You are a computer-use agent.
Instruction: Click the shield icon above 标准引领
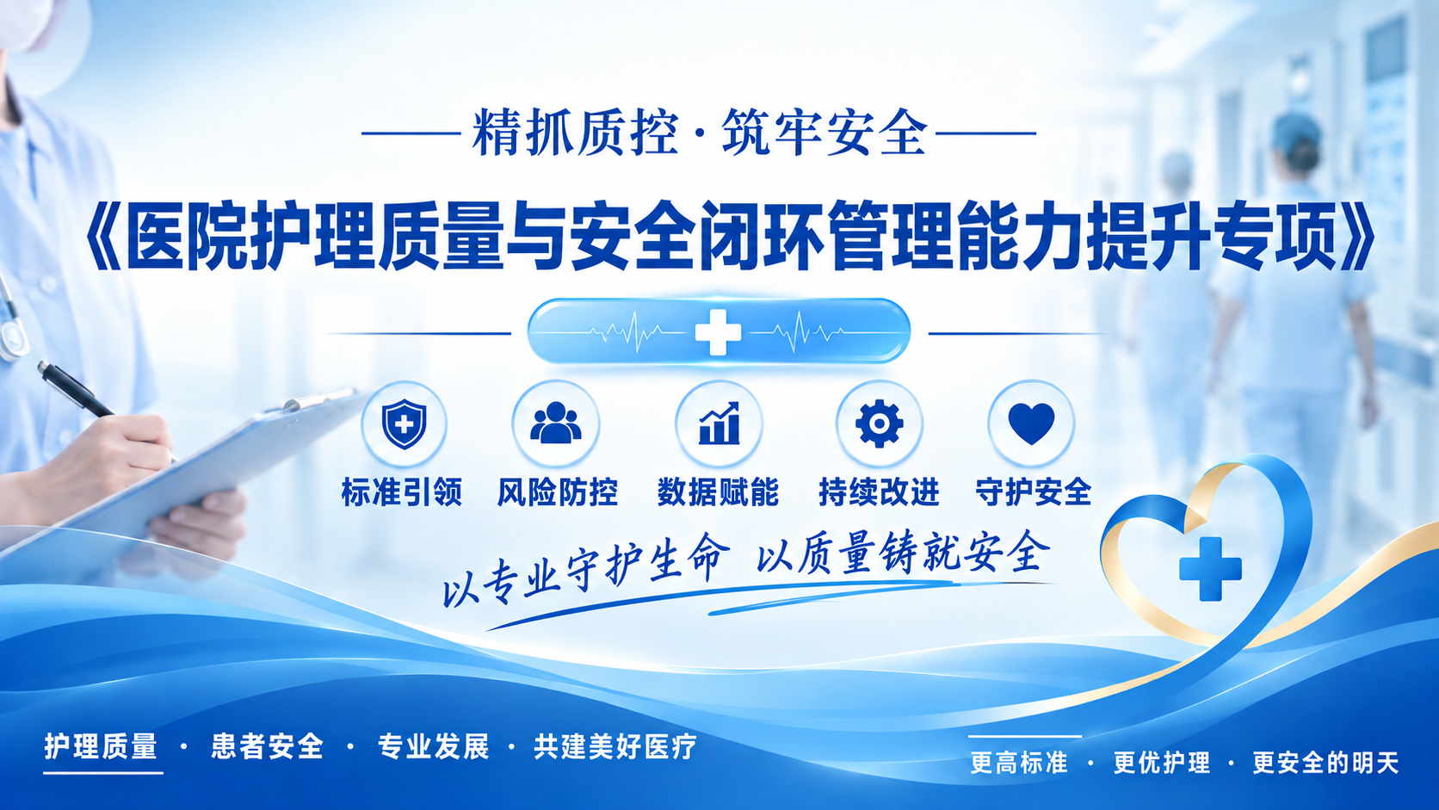(404, 424)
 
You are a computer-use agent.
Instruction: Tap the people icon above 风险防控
(556, 423)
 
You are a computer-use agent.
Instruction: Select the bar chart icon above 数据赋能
(719, 424)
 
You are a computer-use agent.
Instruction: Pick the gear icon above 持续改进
(879, 424)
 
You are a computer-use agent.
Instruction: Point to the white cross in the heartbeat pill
(719, 332)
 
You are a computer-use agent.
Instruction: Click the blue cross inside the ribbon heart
(1210, 569)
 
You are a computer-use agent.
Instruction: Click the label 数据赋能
(718, 492)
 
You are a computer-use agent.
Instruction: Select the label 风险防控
(557, 492)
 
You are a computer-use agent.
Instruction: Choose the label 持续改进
(879, 492)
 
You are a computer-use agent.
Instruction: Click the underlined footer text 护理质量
(101, 746)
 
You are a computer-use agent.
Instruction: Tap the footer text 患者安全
(268, 746)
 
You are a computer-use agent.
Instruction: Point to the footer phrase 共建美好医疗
(615, 746)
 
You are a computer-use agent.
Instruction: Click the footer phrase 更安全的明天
(1325, 764)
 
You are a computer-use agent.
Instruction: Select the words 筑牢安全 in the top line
(825, 133)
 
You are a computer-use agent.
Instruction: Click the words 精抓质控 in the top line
(576, 133)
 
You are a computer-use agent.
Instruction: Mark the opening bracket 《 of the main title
(104, 236)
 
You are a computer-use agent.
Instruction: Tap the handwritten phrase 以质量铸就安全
(903, 553)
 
